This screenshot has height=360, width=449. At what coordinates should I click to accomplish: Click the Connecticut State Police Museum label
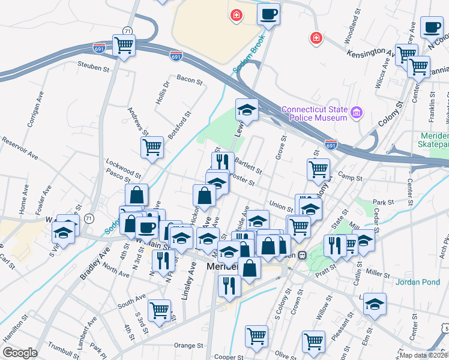[314, 113]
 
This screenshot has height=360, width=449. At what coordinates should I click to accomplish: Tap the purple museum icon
[357, 112]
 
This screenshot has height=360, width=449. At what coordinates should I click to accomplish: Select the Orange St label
[188, 346]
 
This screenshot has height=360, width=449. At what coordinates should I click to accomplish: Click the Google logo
[20, 353]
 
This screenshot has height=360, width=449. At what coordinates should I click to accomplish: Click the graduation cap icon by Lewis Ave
[247, 110]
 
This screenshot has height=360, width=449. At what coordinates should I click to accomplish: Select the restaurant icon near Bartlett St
[223, 161]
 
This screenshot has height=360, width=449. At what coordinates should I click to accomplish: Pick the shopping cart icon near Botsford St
[152, 146]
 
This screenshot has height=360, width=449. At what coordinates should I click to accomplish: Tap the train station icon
[303, 254]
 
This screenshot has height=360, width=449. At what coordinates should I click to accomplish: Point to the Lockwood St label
[122, 166]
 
